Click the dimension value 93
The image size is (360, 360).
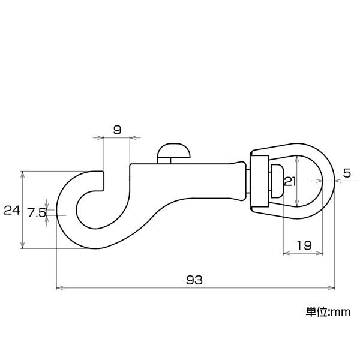(194, 280)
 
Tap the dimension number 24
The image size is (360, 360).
(12, 211)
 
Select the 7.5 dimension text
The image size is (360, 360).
(37, 212)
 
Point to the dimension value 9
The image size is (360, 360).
(117, 130)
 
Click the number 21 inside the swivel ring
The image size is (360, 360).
(290, 181)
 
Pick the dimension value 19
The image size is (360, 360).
(304, 245)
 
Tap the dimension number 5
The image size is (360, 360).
(347, 173)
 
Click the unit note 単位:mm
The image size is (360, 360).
(328, 312)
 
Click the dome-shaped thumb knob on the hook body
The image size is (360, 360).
(174, 150)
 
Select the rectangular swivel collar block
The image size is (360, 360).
(259, 181)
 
